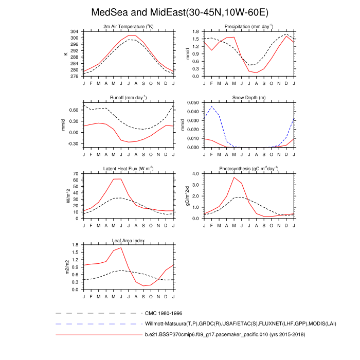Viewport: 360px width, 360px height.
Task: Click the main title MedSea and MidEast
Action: pos(179,12)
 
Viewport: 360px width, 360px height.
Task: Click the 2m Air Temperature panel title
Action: pos(129,26)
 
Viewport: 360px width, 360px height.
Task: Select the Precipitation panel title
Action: pos(248,26)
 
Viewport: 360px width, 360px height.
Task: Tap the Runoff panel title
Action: pos(129,97)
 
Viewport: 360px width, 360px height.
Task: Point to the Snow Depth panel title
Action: pos(248,97)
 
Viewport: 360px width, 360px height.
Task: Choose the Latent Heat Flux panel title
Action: pos(129,168)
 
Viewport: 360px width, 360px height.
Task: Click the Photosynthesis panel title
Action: pos(248,168)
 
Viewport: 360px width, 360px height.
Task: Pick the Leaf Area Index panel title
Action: pos(129,240)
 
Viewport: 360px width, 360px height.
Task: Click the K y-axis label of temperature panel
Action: pos(65,54)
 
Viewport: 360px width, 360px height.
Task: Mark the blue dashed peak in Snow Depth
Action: pos(211,106)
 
